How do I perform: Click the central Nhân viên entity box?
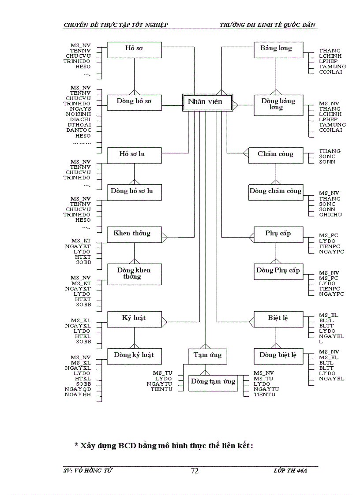coord(208,102)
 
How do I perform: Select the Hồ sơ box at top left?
coord(135,49)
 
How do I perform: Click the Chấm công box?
coord(276,155)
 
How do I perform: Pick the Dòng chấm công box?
coord(276,192)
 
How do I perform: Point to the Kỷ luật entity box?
coord(135,319)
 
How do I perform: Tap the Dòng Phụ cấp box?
coord(278,271)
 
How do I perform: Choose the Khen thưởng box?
coord(135,234)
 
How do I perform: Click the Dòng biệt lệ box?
coord(278,356)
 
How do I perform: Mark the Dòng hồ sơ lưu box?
coord(135,192)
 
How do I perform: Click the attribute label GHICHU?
coord(330,215)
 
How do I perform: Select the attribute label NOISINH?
coord(79,114)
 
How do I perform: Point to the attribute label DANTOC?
coord(79,130)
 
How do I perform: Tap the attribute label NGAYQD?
coord(78,389)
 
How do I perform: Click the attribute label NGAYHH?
coord(78,394)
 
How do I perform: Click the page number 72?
coord(195,471)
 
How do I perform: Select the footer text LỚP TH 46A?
coord(290,471)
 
